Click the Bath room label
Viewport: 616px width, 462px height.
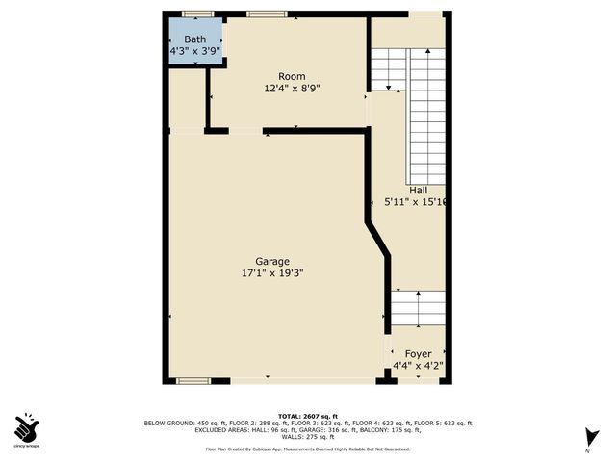click(195, 39)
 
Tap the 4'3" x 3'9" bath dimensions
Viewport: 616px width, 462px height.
click(195, 51)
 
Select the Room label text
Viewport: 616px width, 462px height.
click(292, 76)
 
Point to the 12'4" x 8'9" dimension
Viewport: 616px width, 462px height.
click(292, 89)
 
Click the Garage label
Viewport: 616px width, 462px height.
click(272, 261)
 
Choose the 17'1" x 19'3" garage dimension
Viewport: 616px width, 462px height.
click(272, 273)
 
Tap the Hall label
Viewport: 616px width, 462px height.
click(418, 190)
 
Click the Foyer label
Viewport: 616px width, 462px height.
click(418, 354)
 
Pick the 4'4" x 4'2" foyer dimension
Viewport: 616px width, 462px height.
click(418, 366)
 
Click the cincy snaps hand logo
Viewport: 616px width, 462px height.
click(27, 426)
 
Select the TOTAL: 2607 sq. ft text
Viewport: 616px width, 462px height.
click(307, 414)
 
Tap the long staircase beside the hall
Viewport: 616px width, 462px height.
click(427, 115)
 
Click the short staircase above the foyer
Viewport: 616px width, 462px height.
click(418, 308)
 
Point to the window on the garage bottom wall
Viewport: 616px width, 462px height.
click(193, 381)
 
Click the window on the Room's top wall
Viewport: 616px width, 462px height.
click(266, 13)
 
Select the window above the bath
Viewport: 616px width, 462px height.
click(197, 13)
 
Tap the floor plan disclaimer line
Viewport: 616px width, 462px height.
click(307, 449)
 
